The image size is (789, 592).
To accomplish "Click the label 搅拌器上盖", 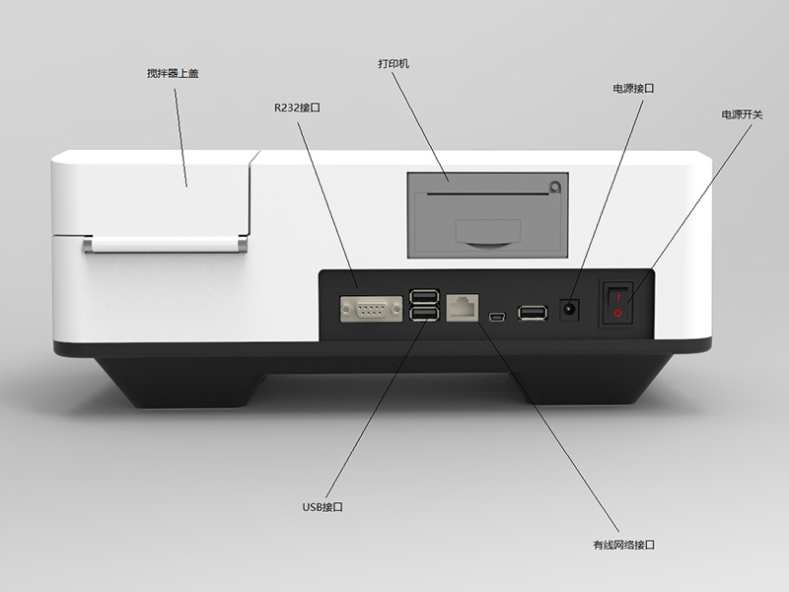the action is tap(173, 73).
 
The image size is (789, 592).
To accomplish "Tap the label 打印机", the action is tap(394, 64).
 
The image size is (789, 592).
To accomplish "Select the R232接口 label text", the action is tap(297, 108).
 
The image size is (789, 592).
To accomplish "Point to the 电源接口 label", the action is tap(633, 89).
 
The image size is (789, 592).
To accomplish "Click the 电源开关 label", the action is tap(742, 114).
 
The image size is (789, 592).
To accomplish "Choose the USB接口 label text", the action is tap(323, 507).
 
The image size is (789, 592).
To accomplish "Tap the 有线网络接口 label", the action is tap(623, 545).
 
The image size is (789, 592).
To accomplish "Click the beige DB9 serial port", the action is tap(372, 309).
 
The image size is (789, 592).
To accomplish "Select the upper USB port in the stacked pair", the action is tap(424, 296).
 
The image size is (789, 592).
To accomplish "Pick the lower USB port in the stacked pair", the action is tap(424, 314).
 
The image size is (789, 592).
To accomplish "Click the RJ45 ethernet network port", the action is tap(463, 307).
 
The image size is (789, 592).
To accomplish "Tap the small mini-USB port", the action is tap(497, 317).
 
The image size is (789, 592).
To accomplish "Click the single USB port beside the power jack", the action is tap(533, 313).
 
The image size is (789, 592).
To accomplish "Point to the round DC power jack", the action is tap(569, 309).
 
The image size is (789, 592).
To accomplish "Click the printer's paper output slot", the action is tap(487, 193).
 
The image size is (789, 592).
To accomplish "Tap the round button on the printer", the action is tap(554, 186).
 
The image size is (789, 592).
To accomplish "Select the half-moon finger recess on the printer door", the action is tap(488, 245).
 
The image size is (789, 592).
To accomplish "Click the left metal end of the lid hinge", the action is tap(88, 245).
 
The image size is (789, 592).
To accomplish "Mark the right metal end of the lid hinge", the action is tap(242, 245).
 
